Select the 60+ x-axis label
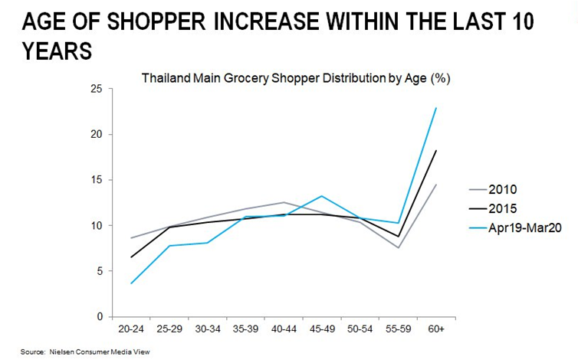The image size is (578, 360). [x=435, y=329]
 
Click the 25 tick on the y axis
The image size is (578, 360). [x=96, y=89]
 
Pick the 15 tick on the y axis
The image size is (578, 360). [x=96, y=180]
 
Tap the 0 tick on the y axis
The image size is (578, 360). [x=99, y=316]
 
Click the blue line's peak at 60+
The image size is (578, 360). [x=436, y=108]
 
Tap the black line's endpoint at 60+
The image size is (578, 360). [x=436, y=151]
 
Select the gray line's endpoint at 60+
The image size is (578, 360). [x=436, y=185]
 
